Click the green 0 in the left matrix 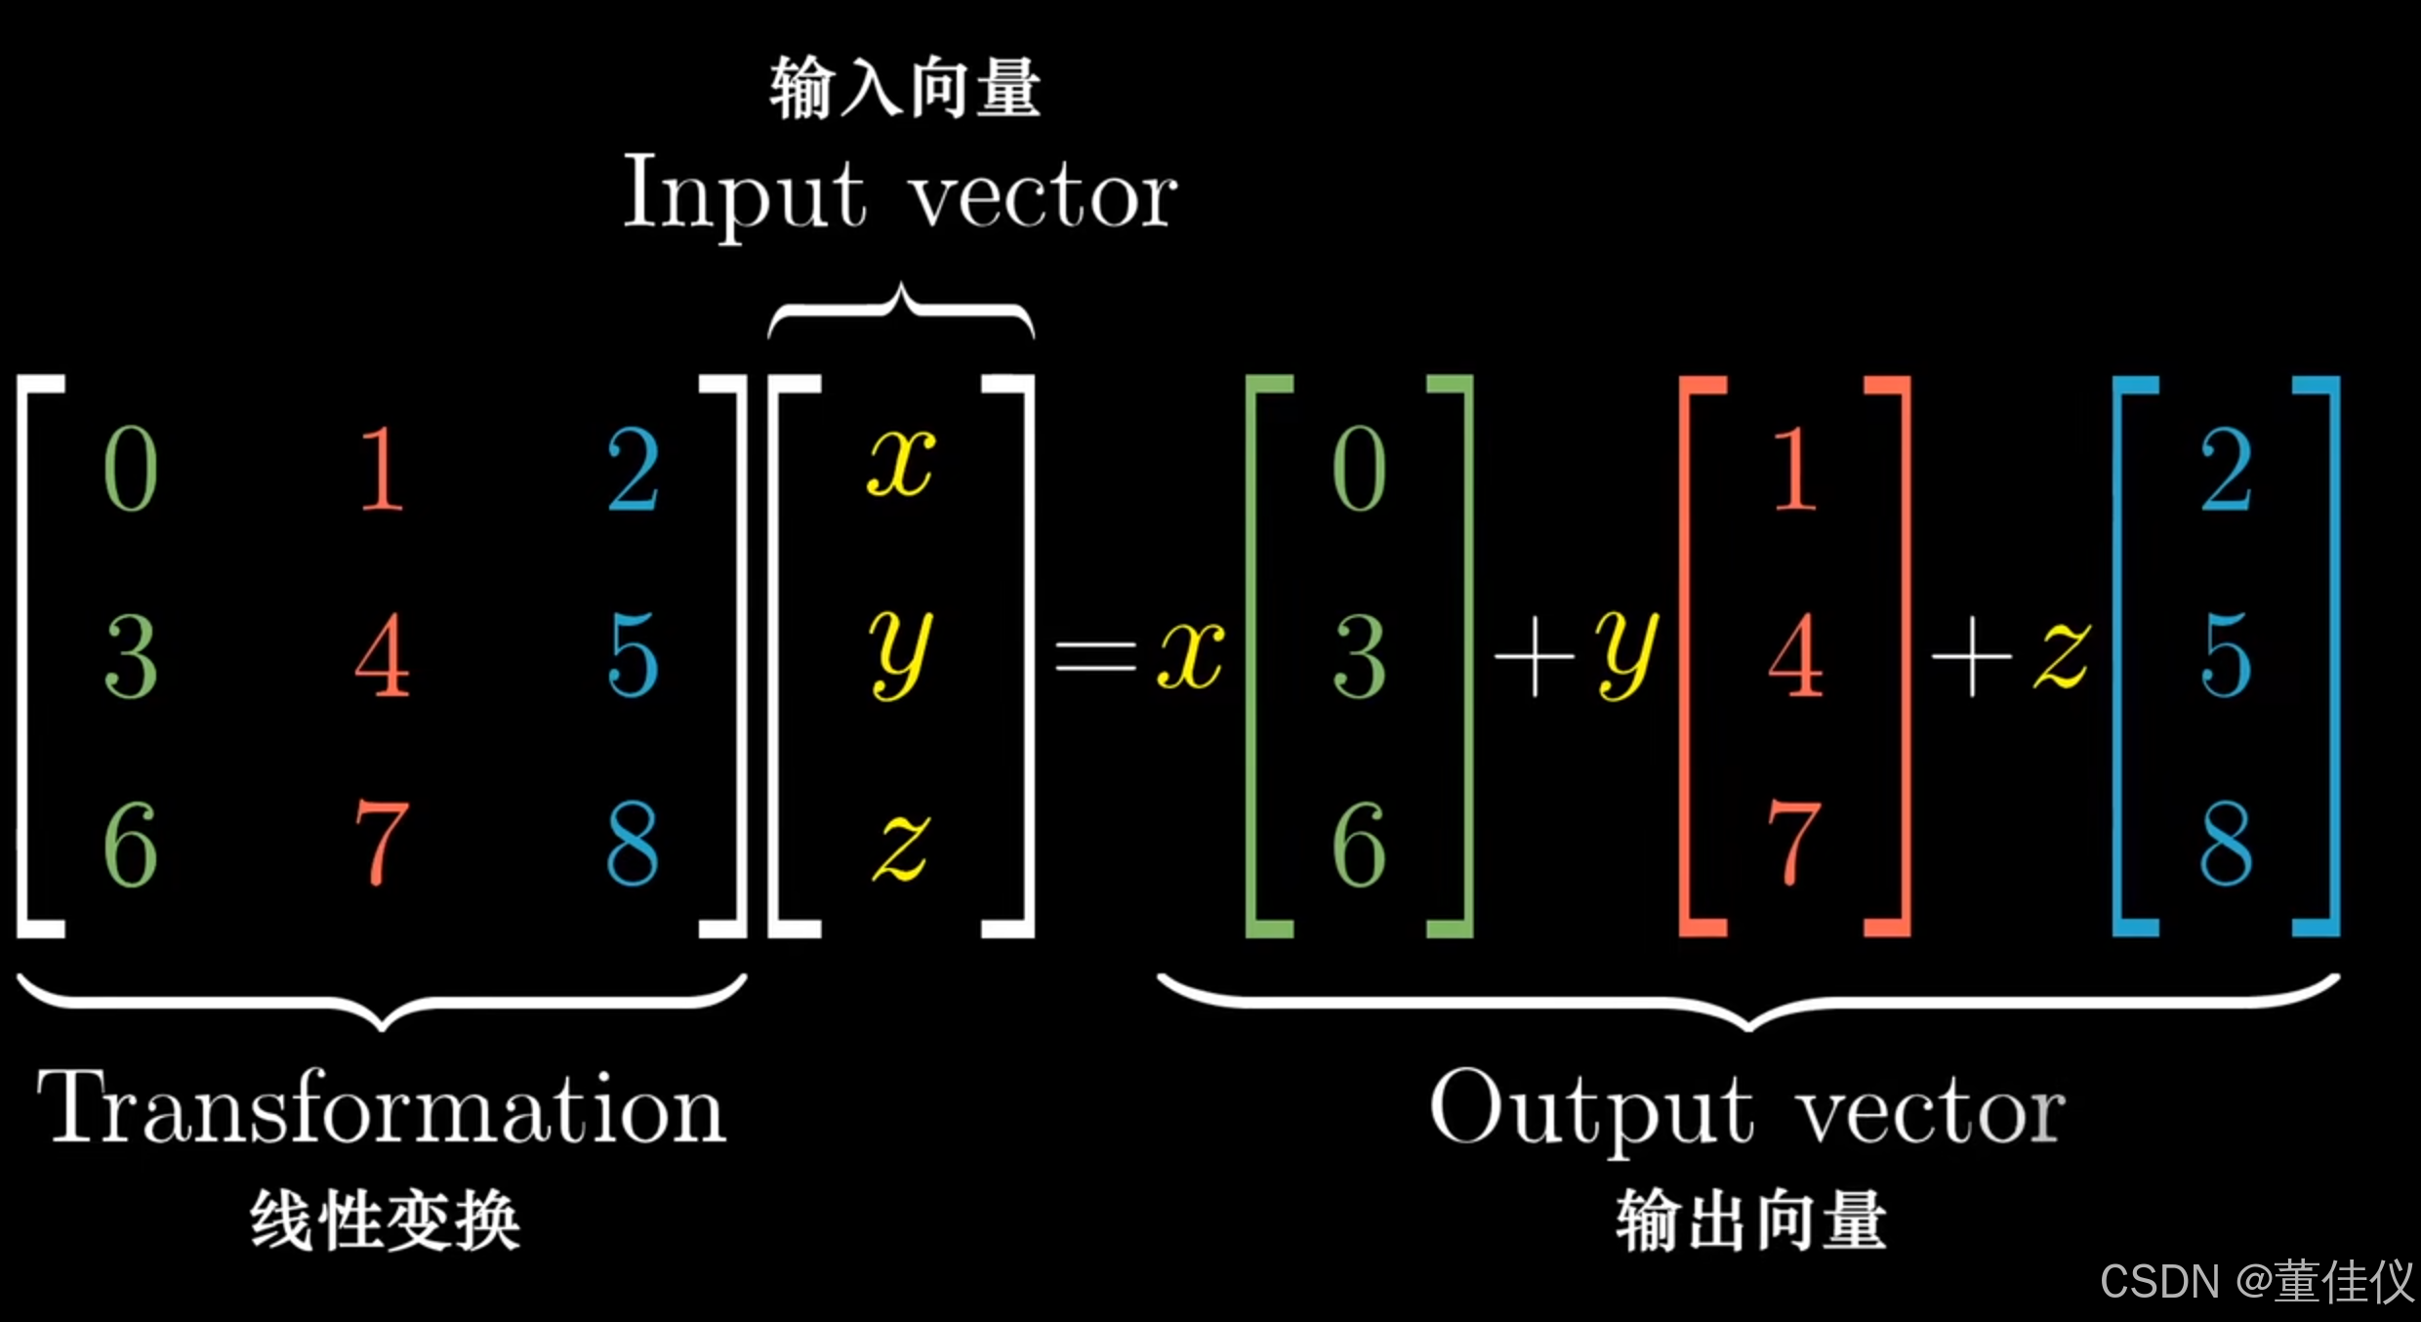pyautogui.click(x=131, y=469)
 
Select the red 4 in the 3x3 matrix pyautogui.click(x=382, y=654)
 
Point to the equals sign pyautogui.click(x=1095, y=656)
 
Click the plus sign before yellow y pyautogui.click(x=1535, y=656)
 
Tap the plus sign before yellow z pyautogui.click(x=1972, y=656)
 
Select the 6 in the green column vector pyautogui.click(x=1359, y=844)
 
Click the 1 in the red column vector pyautogui.click(x=1794, y=469)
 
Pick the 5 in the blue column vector pyautogui.click(x=2226, y=654)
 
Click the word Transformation pyautogui.click(x=381, y=1109)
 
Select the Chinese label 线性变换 pyautogui.click(x=385, y=1220)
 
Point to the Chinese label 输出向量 pyautogui.click(x=1750, y=1220)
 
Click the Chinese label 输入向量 pyautogui.click(x=905, y=88)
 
